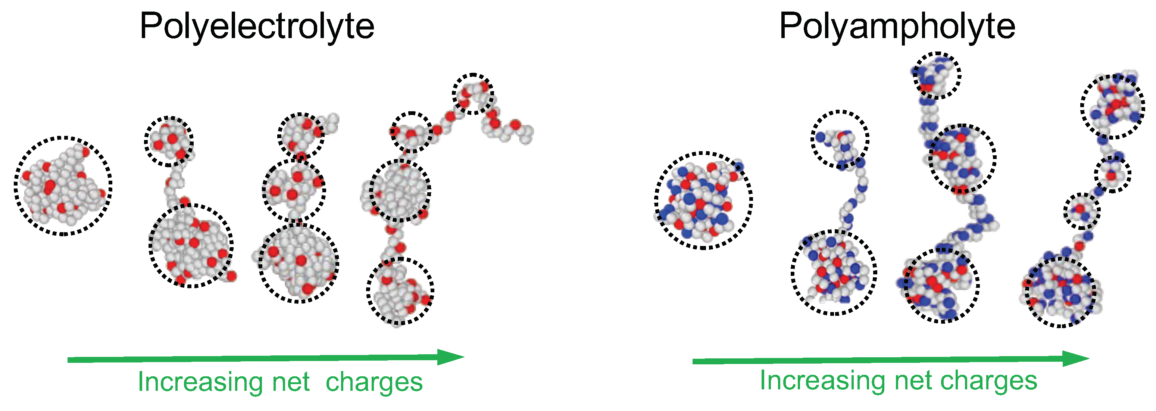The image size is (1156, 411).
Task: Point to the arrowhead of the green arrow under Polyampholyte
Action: coord(1076,358)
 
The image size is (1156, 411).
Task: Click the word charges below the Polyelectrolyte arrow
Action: coord(374,382)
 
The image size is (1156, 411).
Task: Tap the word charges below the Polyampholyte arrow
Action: coord(988,381)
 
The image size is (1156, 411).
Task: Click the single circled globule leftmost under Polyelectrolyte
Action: coord(63,186)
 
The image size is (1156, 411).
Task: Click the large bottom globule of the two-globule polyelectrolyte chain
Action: coord(191,246)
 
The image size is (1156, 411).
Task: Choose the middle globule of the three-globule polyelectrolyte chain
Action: coord(294,190)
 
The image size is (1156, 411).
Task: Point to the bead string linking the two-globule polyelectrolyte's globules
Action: coord(174,184)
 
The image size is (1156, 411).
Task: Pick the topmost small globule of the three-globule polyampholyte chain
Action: coord(936,75)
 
